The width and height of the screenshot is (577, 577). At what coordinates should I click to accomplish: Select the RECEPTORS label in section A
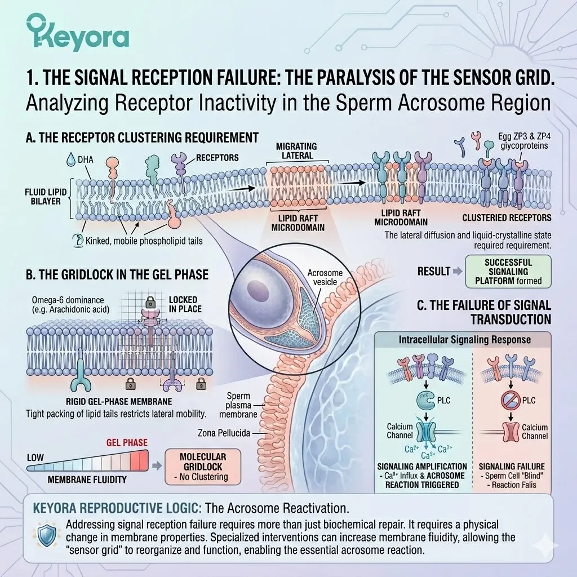tap(217, 158)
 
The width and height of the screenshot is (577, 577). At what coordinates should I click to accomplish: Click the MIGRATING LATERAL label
tap(296, 151)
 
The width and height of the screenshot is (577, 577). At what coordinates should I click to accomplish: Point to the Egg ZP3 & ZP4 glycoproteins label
tap(524, 141)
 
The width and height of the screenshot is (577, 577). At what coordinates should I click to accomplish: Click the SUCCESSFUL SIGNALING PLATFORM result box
tap(508, 272)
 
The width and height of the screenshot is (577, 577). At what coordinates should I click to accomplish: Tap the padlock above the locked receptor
tap(150, 302)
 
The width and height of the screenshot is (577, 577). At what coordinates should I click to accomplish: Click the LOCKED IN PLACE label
tap(185, 304)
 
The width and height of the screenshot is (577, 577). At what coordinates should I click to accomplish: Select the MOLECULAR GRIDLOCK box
tap(203, 467)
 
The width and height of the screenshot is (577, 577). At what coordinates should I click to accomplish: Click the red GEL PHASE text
tap(127, 442)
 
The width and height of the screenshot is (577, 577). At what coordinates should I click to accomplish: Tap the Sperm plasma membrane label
tap(238, 405)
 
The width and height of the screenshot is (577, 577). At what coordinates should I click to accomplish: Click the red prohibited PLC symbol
tap(511, 401)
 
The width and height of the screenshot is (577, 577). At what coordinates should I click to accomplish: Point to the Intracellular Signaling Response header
tap(464, 340)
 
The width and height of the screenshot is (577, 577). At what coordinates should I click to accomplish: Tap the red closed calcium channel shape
tap(511, 432)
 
